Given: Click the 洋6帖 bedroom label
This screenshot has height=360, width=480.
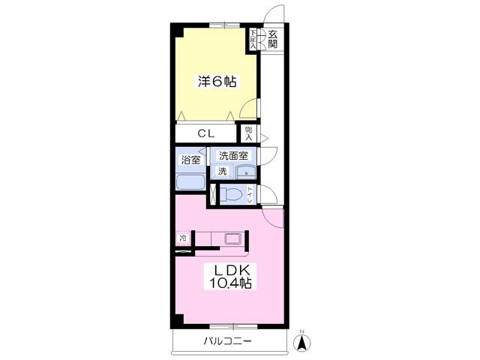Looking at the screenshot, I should [217, 82].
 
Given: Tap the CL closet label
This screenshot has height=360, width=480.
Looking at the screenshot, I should [205, 133].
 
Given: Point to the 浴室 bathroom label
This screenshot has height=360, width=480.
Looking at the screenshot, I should [191, 160].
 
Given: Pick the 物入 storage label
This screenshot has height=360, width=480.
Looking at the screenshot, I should [249, 133].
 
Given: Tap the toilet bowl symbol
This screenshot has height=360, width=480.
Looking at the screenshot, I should [233, 195].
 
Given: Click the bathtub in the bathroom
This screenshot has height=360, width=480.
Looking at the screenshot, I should [190, 183].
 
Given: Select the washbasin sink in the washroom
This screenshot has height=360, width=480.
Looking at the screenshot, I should [245, 172].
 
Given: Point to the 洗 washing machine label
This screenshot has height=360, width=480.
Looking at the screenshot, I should [222, 172].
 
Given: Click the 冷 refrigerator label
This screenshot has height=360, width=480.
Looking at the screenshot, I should [182, 238].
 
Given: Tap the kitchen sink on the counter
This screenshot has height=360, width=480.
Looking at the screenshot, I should [233, 239].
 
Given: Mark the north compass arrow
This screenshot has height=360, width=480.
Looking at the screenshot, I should [302, 343].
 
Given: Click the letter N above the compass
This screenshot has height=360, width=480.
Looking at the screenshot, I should [302, 331].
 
